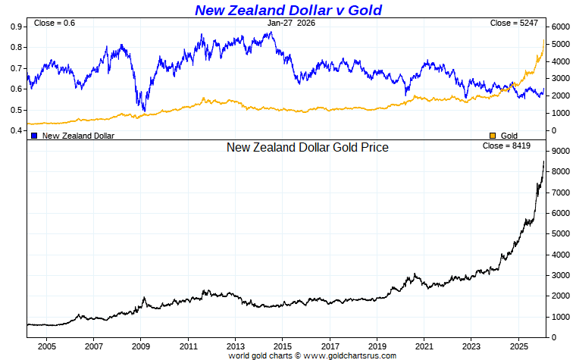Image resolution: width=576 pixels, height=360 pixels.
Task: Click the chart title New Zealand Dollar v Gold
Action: pos(288,10)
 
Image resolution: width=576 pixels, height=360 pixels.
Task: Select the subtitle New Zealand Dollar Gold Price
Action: pos(307,147)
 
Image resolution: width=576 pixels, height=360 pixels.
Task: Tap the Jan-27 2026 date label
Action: pos(291,23)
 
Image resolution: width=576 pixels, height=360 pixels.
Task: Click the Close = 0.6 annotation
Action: pos(55,23)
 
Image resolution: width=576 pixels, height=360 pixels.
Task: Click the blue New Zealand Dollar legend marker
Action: pos(34,136)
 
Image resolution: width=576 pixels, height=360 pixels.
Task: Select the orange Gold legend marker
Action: pos(493,136)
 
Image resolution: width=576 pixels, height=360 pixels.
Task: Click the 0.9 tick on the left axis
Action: pos(16,27)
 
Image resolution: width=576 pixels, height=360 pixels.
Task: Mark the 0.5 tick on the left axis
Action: pos(16,110)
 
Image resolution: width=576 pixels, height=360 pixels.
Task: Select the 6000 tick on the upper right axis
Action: pos(560,27)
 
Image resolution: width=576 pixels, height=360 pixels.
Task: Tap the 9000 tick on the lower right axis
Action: pos(560,152)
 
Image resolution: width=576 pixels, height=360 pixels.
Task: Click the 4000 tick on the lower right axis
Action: pos(560,255)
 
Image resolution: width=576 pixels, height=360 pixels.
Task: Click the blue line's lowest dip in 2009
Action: pos(144,111)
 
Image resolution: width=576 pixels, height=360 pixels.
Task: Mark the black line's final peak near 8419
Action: pos(543,161)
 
